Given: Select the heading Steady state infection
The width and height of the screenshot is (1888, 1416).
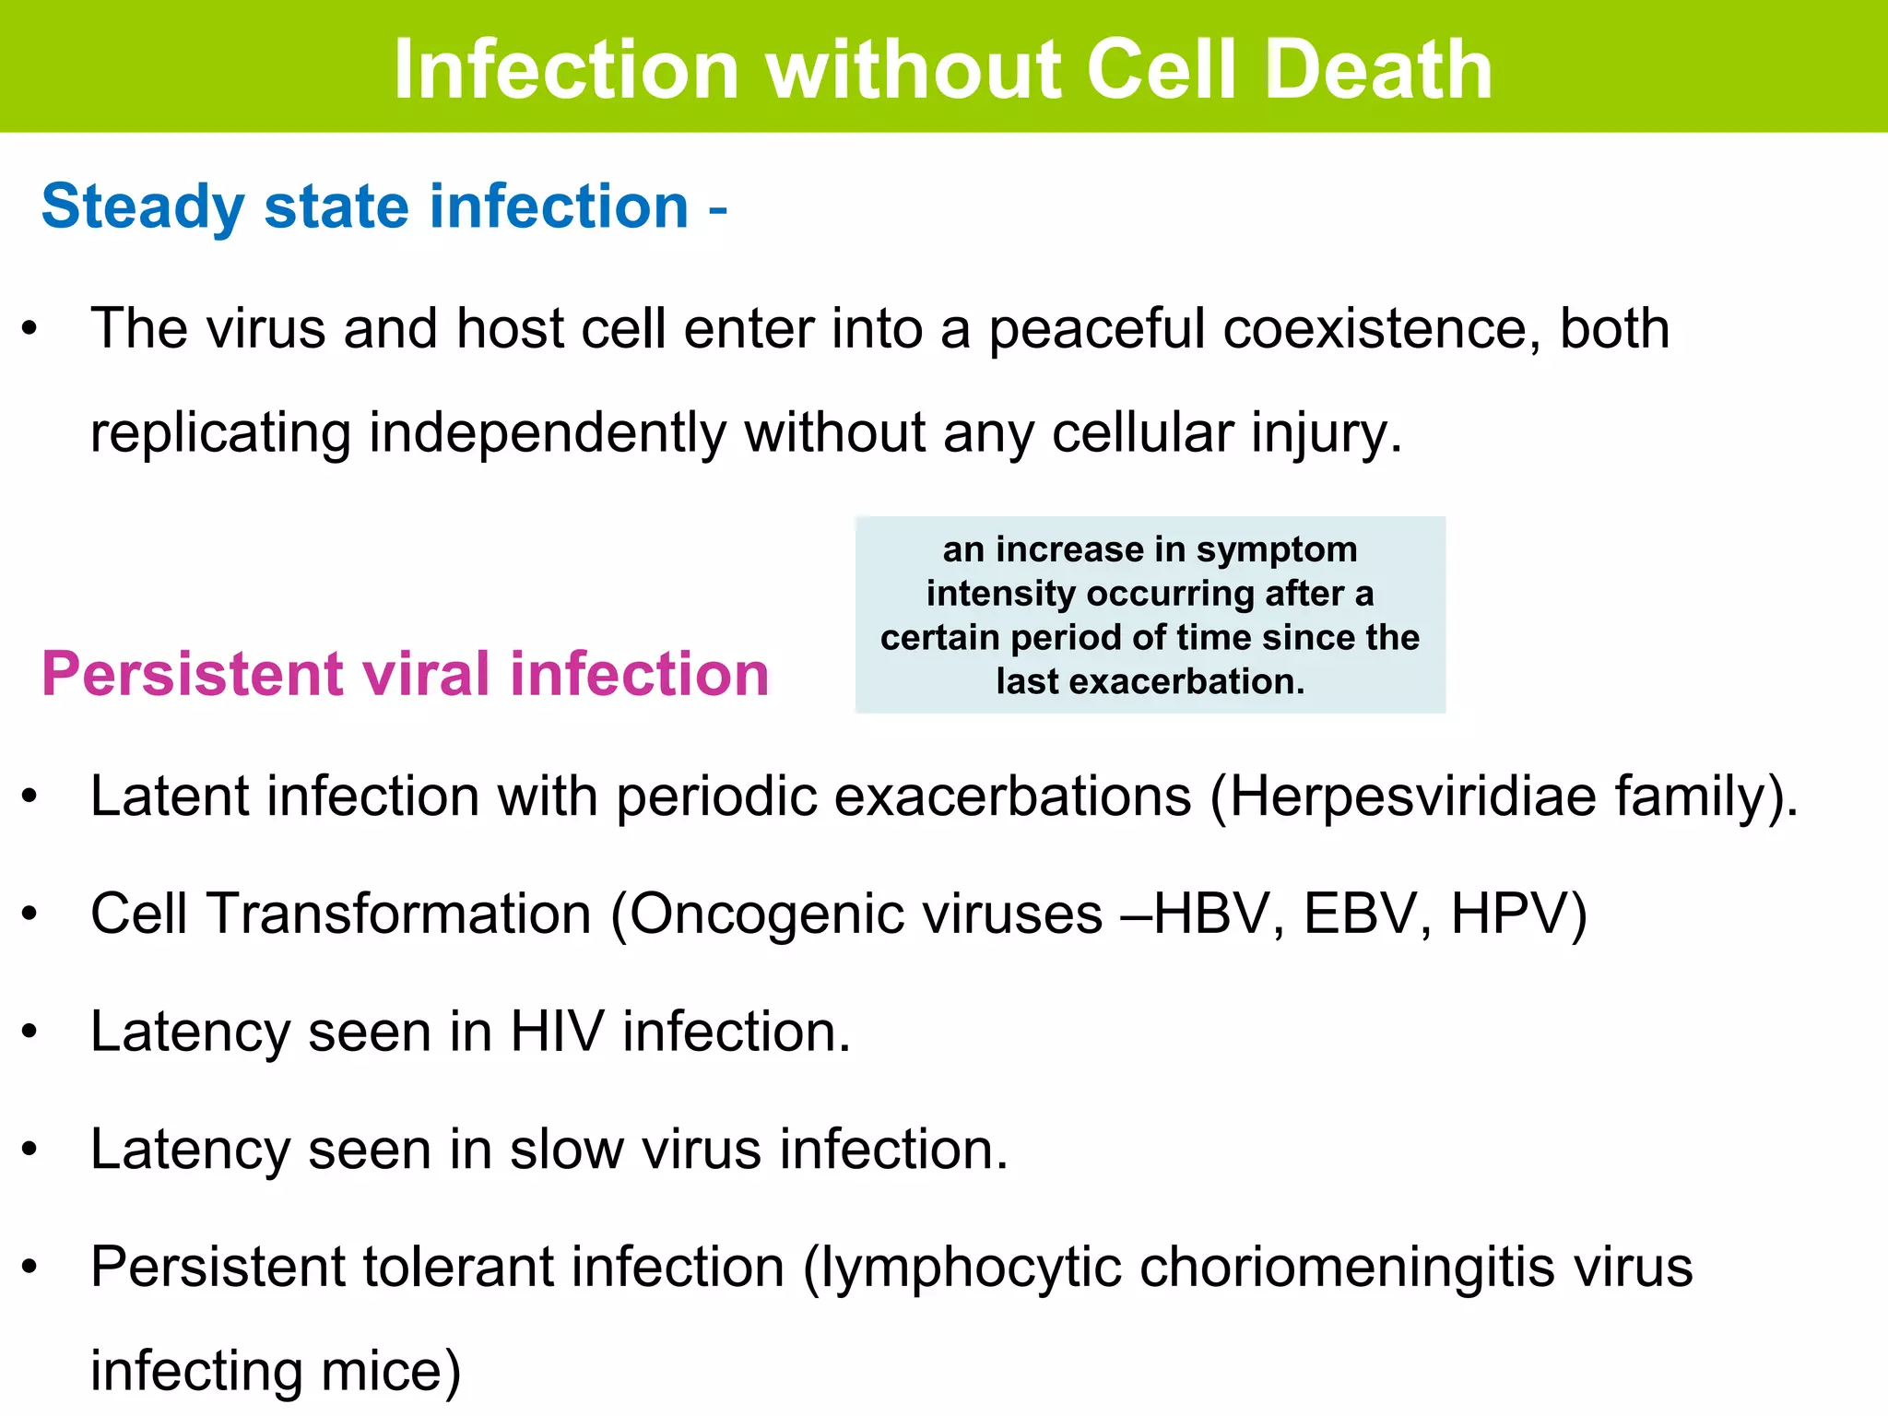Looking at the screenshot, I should pyautogui.click(x=365, y=206).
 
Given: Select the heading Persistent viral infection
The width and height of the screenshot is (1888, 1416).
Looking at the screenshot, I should pyautogui.click(x=406, y=674).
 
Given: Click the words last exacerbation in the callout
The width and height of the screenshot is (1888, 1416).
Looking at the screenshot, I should pyautogui.click(x=1150, y=682).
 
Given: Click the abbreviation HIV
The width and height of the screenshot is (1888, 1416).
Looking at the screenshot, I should pyautogui.click(x=557, y=1032).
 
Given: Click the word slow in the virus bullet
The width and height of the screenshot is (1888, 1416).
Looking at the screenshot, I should pyautogui.click(x=566, y=1150).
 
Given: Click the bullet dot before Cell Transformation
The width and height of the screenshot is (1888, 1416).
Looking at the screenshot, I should pyautogui.click(x=30, y=914).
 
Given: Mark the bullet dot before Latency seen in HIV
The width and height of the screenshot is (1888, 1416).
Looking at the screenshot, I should pyautogui.click(x=30, y=1032).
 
